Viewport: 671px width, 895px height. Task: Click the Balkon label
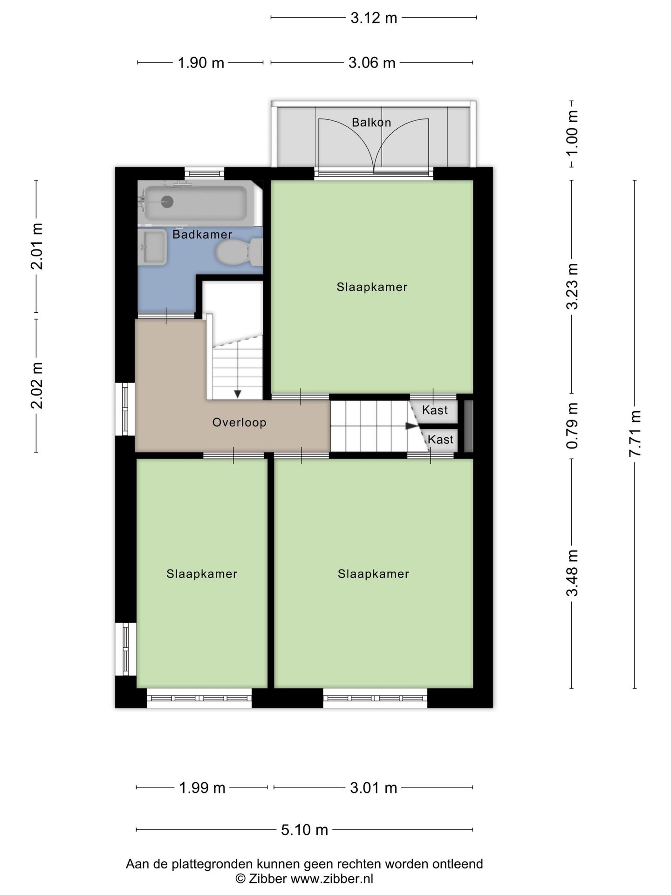(371, 123)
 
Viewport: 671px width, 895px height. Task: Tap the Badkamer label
(202, 234)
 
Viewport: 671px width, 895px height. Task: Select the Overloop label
(240, 423)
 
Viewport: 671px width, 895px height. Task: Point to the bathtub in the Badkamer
(195, 203)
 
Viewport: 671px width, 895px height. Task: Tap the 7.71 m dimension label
(635, 434)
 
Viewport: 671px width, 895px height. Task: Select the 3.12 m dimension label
(374, 18)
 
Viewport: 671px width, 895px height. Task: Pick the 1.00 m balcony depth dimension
(572, 134)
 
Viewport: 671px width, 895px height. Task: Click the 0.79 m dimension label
(572, 426)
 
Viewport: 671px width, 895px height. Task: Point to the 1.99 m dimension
(202, 788)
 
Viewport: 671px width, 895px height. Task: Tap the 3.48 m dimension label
(572, 573)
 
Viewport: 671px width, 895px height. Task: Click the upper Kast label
(435, 410)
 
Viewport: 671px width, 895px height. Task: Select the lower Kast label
(440, 440)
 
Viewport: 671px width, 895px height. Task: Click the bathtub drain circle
(167, 202)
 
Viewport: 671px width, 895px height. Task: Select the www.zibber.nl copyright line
(304, 879)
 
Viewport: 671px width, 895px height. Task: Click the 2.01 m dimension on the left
(36, 247)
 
